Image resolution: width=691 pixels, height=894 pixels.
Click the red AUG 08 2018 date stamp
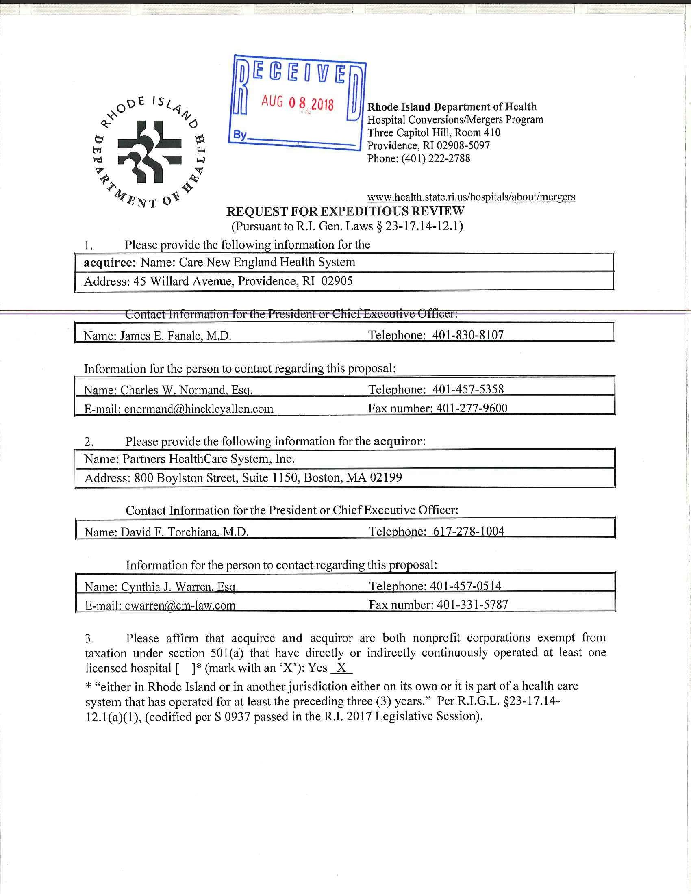click(x=298, y=103)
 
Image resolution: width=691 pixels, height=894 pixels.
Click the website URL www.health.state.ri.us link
click(x=471, y=197)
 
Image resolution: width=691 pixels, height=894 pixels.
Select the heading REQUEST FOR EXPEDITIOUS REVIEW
click(x=345, y=211)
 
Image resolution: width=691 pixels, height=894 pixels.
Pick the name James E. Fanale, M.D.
click(x=176, y=336)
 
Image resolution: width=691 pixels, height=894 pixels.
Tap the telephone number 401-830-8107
click(x=468, y=335)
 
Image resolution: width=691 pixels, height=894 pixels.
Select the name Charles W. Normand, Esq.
click(x=186, y=390)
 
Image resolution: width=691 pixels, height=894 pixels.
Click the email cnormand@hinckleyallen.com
click(x=198, y=408)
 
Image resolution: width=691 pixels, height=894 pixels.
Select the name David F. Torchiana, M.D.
click(x=185, y=532)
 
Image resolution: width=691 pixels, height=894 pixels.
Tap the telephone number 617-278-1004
click(x=468, y=531)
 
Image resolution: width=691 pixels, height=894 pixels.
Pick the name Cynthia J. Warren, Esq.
click(x=180, y=586)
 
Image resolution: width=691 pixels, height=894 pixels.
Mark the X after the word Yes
click(x=341, y=668)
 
